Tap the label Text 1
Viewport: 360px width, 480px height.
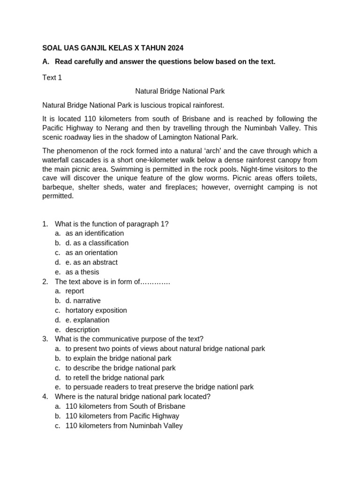52,78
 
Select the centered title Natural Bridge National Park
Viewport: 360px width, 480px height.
180,91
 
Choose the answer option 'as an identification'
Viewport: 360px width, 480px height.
95,233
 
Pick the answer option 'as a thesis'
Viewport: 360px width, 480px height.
82,272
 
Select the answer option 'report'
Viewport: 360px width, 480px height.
75,291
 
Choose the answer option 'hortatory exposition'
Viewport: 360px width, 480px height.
96,310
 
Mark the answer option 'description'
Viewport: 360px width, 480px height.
82,330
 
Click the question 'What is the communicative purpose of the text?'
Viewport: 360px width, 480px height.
129,339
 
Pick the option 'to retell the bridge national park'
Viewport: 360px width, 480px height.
115,377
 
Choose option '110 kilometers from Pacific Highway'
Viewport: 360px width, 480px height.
122,416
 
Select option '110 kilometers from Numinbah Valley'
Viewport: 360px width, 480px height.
124,426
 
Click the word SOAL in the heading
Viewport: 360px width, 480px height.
52,48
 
